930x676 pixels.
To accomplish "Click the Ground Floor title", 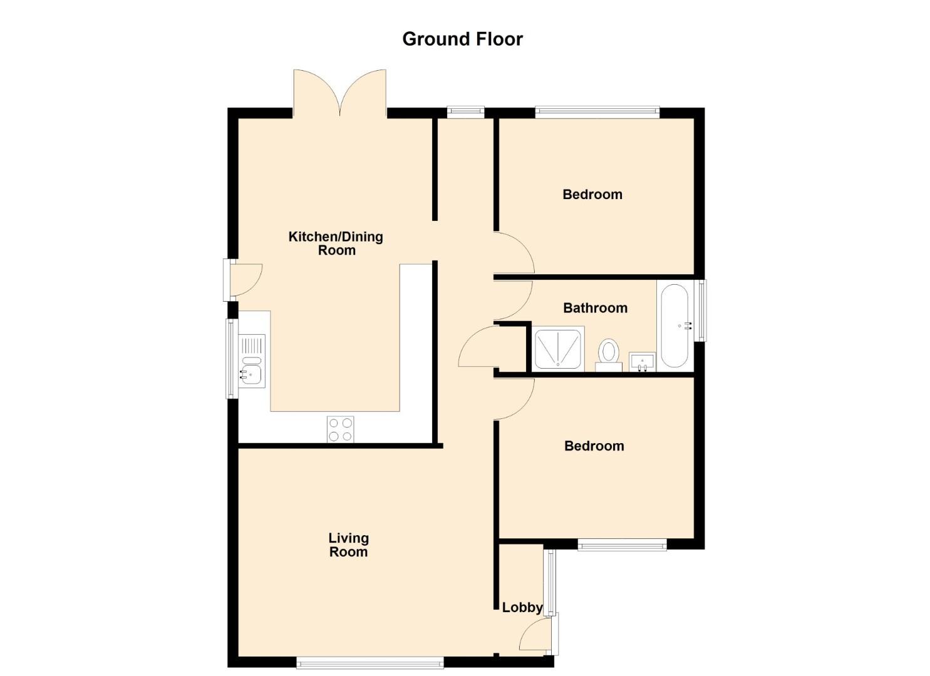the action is tap(462, 39).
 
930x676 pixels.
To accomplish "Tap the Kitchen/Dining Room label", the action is tap(336, 243).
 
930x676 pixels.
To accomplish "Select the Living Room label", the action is tap(348, 545).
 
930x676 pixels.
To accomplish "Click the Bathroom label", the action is tap(595, 308).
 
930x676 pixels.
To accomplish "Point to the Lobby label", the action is tap(522, 608).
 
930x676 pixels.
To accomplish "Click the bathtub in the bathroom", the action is tap(674, 325).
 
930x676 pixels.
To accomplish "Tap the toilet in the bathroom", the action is tap(609, 356).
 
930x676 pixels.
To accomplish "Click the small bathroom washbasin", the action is tap(642, 362).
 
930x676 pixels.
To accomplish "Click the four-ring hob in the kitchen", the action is tap(341, 429).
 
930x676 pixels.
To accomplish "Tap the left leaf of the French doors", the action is tap(317, 93).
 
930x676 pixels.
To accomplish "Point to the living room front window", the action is tap(370, 663).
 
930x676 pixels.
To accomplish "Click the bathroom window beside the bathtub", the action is tap(702, 310).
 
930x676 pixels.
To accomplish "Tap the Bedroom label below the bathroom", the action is tap(594, 446).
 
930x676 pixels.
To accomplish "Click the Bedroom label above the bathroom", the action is tap(592, 195).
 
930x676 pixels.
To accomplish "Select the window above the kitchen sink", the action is tap(231, 359).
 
